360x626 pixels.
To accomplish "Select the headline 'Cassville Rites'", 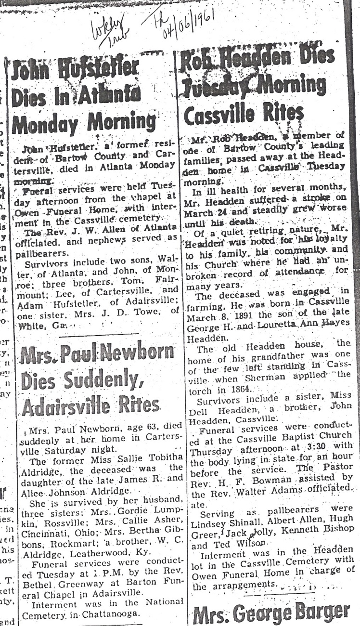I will coord(244,114).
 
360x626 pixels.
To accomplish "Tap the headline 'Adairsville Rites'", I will coord(91,408).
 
